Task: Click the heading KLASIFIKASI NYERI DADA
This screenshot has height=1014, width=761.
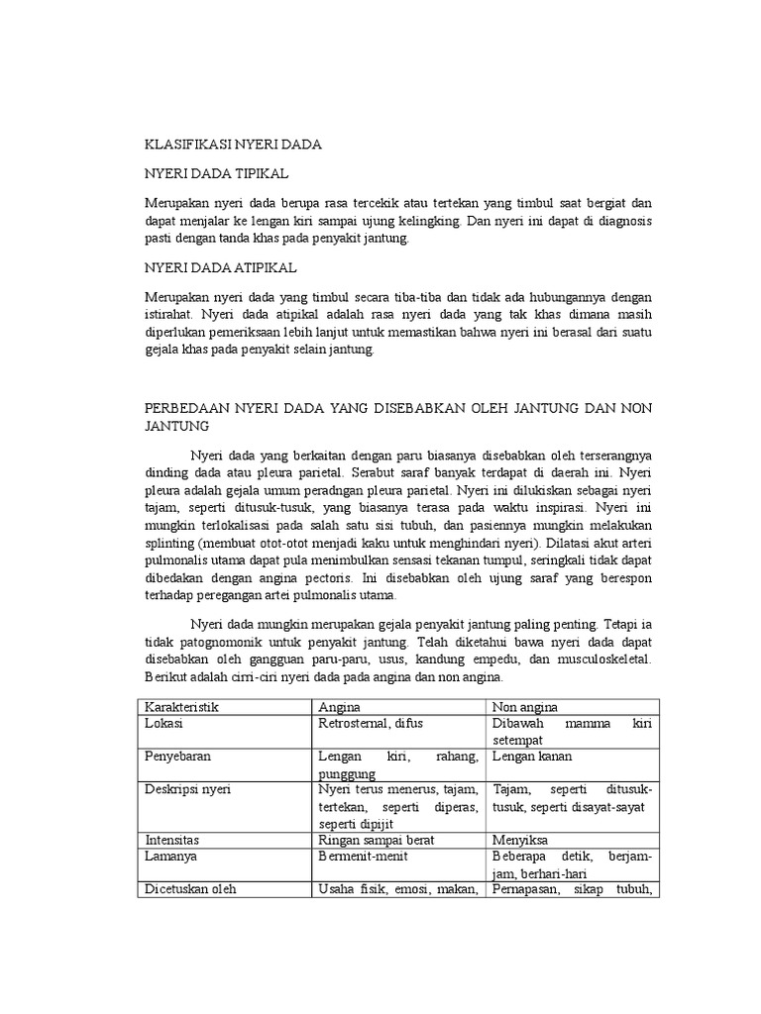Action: pyautogui.click(x=233, y=145)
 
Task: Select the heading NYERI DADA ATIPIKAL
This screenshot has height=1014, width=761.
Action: pyautogui.click(x=221, y=268)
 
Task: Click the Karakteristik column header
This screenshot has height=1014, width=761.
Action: pyautogui.click(x=181, y=707)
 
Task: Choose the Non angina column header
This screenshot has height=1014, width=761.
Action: pyautogui.click(x=525, y=707)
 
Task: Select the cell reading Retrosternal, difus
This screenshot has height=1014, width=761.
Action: pyautogui.click(x=370, y=724)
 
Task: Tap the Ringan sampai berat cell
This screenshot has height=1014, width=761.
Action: pyautogui.click(x=377, y=840)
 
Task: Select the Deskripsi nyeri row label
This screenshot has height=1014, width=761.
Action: pyautogui.click(x=189, y=789)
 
